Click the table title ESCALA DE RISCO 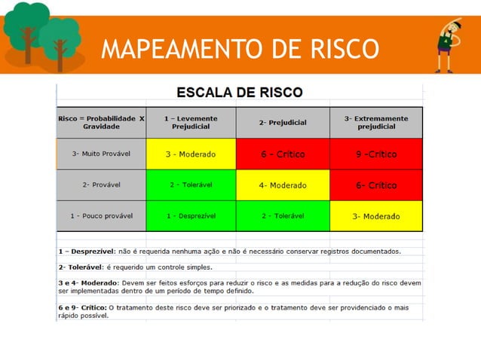pos(239,93)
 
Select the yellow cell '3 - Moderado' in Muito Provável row pos(191,154)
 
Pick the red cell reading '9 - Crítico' pos(375,154)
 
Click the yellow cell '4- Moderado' pos(283,185)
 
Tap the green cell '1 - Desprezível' pos(191,216)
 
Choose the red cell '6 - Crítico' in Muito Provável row pos(283,154)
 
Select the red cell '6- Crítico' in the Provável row pos(375,185)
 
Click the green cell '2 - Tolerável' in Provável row pos(191,185)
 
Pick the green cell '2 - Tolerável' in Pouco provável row pos(283,216)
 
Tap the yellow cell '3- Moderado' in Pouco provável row pos(375,216)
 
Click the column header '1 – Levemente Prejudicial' pos(191,122)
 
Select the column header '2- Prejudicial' pos(283,122)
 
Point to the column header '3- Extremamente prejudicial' pos(375,122)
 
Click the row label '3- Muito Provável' pos(101,154)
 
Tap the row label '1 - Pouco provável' pos(101,216)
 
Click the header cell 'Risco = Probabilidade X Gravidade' pos(101,122)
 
